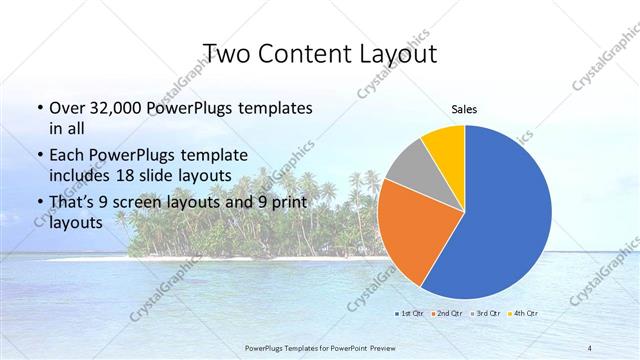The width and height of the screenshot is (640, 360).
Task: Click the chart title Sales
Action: [465, 109]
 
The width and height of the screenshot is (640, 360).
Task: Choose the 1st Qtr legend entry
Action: [411, 314]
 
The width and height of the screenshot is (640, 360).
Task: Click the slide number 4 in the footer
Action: [590, 347]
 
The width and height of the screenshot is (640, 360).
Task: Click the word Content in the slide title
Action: [310, 53]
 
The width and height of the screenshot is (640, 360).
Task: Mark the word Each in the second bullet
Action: [66, 155]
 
